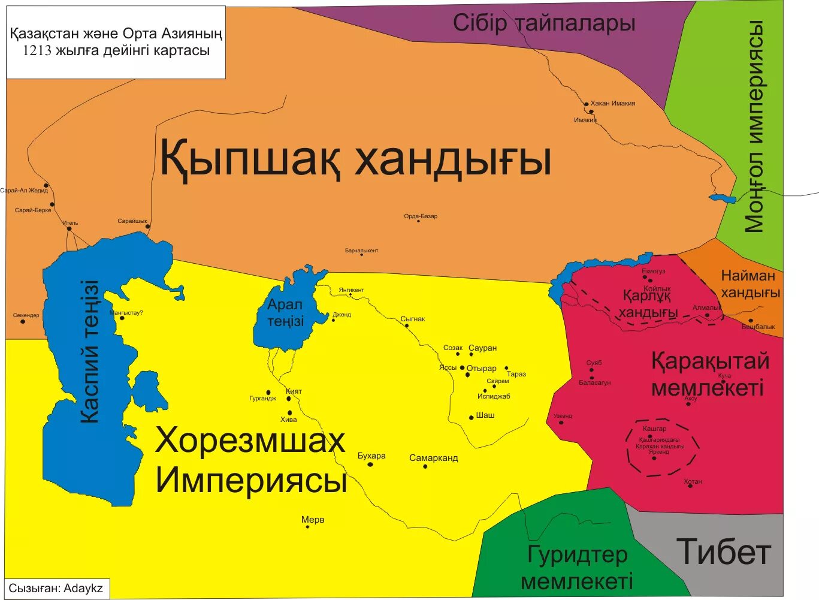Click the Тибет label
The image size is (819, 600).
click(723, 552)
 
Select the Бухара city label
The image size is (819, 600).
click(371, 456)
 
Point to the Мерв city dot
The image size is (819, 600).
click(307, 527)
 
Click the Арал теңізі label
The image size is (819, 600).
click(286, 313)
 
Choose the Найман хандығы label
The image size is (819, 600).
click(750, 284)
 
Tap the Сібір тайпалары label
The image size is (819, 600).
click(543, 23)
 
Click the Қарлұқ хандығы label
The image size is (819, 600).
click(648, 304)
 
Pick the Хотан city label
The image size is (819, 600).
click(693, 481)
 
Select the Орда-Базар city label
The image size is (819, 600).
click(421, 216)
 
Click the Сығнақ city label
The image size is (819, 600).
click(413, 319)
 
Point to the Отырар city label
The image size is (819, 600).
click(482, 369)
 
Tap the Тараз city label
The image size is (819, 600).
click(516, 374)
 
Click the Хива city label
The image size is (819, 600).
click(288, 420)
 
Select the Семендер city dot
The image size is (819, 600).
click(23, 322)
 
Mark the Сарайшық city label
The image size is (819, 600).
click(132, 221)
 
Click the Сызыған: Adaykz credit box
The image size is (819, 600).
click(56, 589)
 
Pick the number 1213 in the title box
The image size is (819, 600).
click(38, 51)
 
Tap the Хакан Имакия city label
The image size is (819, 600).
click(612, 103)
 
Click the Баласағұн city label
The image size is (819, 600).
click(594, 382)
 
